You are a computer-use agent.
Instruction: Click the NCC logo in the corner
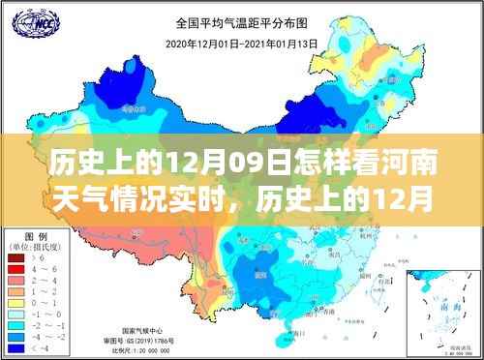(27, 20)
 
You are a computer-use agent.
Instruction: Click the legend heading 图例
(36, 234)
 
